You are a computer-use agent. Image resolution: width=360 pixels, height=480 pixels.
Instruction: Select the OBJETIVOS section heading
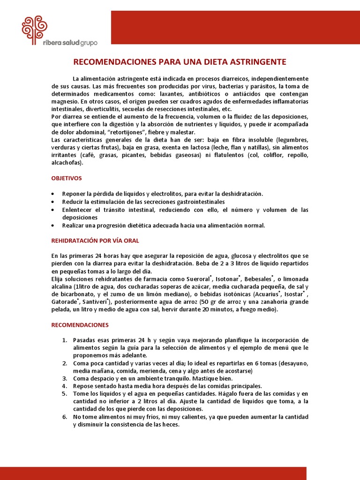[x=66, y=178]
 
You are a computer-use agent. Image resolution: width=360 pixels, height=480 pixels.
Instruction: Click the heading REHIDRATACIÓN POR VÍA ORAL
[x=95, y=240]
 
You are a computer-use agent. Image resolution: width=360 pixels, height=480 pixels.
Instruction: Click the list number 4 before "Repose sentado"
[x=65, y=386]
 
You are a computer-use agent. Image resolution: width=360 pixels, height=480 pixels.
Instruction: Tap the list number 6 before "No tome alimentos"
[x=65, y=417]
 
